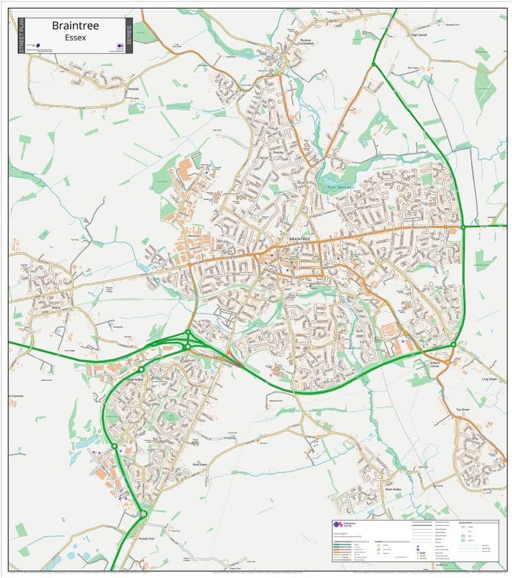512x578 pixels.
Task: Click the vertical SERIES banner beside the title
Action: tap(129, 35)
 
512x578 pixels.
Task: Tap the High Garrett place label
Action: tap(419, 35)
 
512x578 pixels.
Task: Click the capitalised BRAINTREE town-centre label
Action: tap(299, 238)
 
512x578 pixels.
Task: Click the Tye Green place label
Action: tap(462, 410)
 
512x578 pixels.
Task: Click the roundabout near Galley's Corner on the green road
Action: tap(453, 344)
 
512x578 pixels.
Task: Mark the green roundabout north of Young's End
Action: tap(143, 513)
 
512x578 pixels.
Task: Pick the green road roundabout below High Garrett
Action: tap(374, 63)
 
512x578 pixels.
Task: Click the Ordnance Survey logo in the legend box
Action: tap(340, 524)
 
